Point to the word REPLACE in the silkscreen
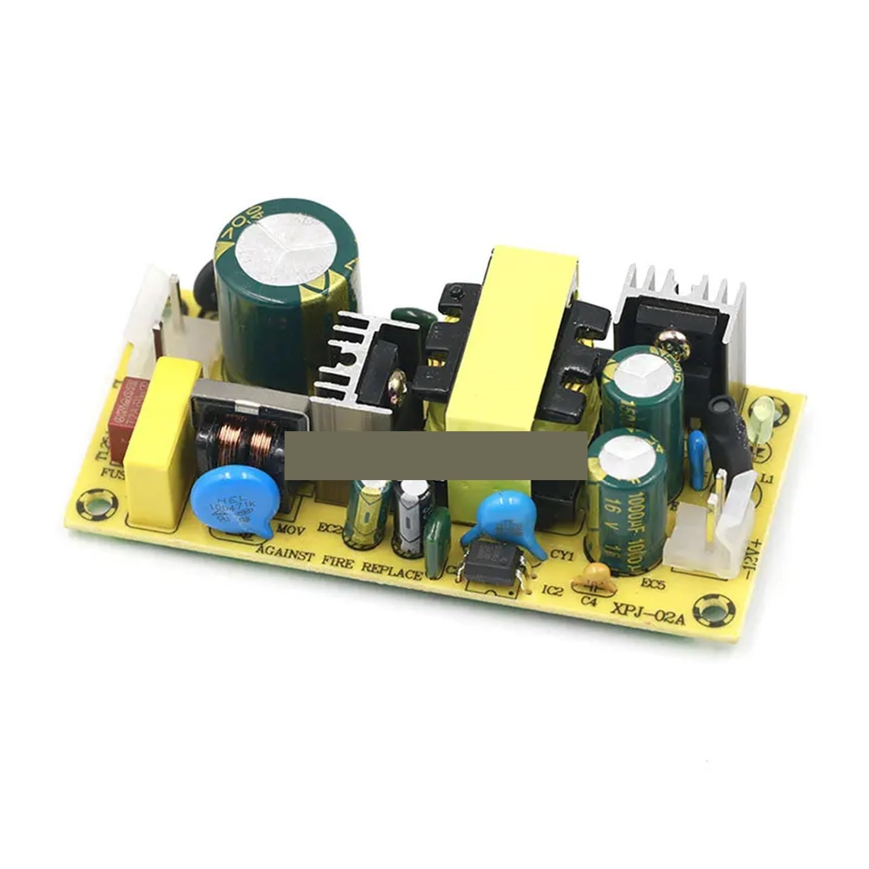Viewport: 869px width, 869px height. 392,570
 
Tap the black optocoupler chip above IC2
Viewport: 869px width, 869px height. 492,565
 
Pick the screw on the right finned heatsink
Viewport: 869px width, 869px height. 671,342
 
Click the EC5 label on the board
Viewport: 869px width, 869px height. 652,584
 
